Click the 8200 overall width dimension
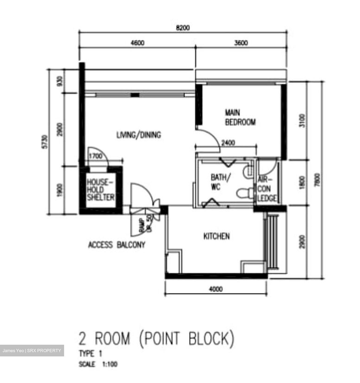click(x=183, y=28)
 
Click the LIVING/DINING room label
click(x=139, y=135)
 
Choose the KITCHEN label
click(x=216, y=236)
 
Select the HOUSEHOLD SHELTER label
click(x=101, y=190)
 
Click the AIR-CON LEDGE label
click(x=267, y=189)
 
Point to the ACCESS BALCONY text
click(x=117, y=245)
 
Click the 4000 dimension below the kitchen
click(x=216, y=289)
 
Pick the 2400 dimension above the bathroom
click(x=228, y=143)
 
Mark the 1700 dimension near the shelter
click(x=95, y=156)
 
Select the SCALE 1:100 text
click(x=98, y=364)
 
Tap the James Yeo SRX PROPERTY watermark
click(x=32, y=351)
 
